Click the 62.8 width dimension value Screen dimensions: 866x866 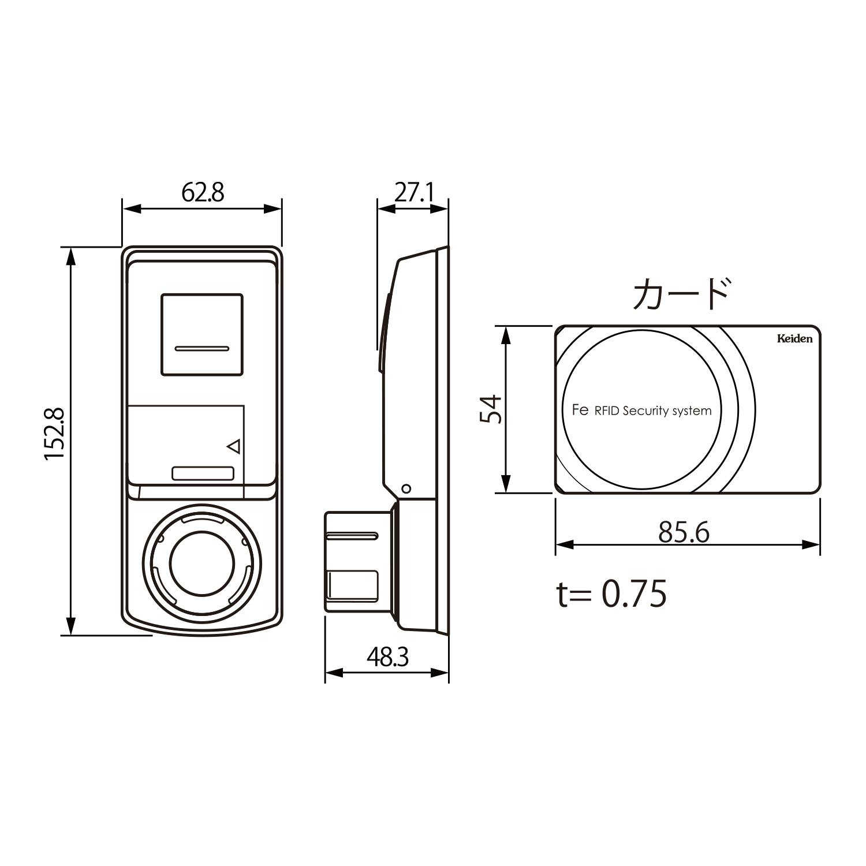[203, 192]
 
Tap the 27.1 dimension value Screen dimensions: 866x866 [413, 193]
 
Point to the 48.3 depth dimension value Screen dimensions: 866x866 [387, 657]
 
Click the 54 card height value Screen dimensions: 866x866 [491, 409]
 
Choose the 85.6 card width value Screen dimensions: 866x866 [684, 532]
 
